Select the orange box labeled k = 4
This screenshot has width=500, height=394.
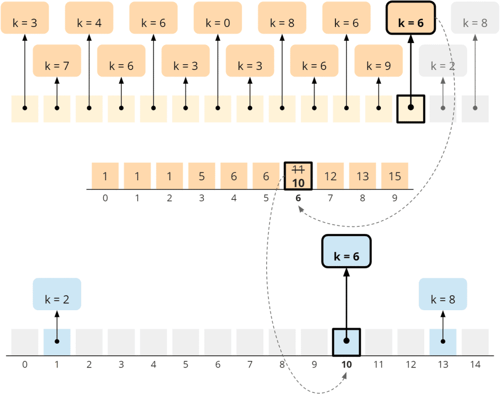click(89, 18)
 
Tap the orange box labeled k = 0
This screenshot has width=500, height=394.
click(218, 18)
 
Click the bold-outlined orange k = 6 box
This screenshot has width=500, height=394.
click(410, 18)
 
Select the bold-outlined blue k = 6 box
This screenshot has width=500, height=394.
click(346, 251)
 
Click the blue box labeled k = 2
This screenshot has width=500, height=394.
click(57, 294)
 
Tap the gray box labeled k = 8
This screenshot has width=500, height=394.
click(475, 18)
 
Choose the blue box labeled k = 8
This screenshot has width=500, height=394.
click(443, 294)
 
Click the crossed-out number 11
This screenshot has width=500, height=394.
click(298, 170)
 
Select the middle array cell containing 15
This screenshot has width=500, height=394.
click(395, 176)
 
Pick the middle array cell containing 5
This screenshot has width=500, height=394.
click(202, 176)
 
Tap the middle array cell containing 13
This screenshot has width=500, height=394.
click(362, 176)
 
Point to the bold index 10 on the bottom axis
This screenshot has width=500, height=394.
click(346, 365)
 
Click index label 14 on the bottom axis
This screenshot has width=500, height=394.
click(475, 365)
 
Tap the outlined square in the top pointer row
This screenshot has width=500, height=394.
click(410, 109)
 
